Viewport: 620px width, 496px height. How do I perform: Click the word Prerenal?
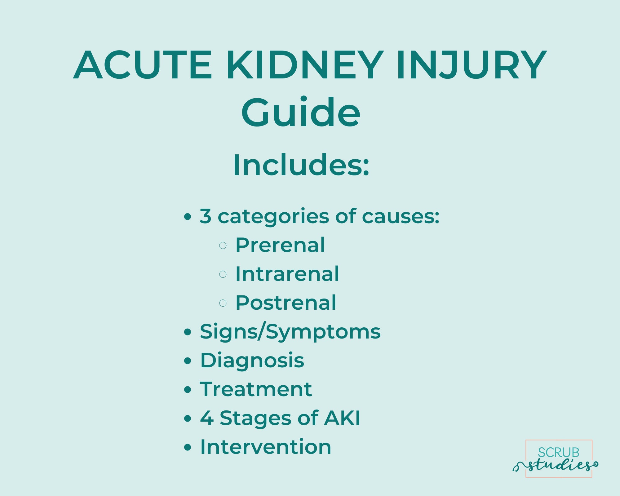pos(280,245)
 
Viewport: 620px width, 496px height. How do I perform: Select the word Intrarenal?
pos(287,274)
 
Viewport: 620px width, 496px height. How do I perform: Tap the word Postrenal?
pos(286,303)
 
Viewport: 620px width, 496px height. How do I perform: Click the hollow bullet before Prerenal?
pos(223,246)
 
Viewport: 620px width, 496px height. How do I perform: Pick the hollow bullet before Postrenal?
pos(223,303)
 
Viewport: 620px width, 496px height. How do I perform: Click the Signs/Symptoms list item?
pos(290,332)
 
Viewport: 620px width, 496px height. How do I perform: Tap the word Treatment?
pos(256,389)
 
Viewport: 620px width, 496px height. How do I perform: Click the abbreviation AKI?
pos(342,418)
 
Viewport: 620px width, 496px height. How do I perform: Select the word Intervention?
pos(266,447)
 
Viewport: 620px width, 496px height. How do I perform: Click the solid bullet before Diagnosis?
pos(188,361)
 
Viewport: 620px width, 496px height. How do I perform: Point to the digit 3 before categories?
pos(206,216)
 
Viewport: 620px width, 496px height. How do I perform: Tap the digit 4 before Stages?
pos(207,418)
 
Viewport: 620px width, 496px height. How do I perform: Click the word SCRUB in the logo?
pos(558,453)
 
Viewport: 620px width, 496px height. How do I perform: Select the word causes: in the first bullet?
pos(401,216)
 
